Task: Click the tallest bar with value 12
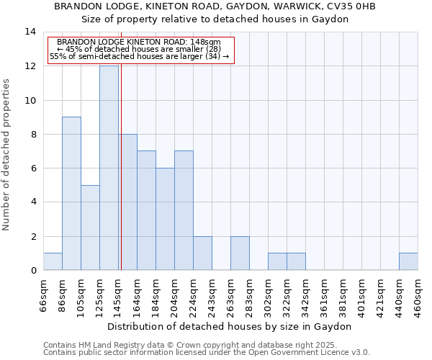tap(109, 168)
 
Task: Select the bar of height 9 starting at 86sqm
tap(71, 194)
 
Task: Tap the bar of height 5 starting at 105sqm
tap(90, 228)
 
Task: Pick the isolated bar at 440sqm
tap(408, 262)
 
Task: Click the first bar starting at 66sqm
tap(53, 262)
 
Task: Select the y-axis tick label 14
tap(30, 32)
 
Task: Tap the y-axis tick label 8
tap(32, 134)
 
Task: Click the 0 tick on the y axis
tap(32, 271)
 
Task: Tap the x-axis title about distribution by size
tap(230, 326)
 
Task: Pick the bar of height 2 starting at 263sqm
tap(240, 253)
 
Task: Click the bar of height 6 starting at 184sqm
tap(165, 220)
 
